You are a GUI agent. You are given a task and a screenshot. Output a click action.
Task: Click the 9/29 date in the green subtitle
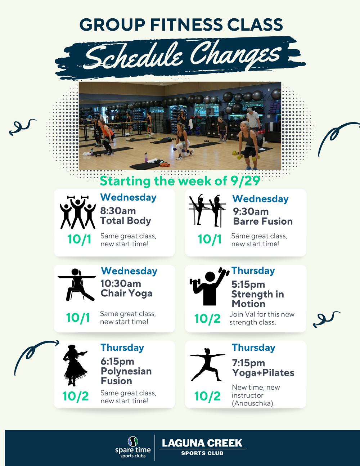[245, 181]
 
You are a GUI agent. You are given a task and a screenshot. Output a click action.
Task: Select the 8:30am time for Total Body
[118, 211]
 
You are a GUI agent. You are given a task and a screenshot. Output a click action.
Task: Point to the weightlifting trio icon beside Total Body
[78, 212]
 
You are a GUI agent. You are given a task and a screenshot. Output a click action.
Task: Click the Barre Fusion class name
[263, 221]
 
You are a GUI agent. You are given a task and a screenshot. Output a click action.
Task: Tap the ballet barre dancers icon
[207, 210]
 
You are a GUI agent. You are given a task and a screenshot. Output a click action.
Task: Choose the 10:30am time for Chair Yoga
[121, 283]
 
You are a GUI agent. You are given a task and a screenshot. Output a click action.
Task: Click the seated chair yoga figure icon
[76, 284]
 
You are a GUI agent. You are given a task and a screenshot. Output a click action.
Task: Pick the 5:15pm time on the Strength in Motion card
[248, 284]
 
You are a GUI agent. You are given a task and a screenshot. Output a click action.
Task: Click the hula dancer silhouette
[75, 366]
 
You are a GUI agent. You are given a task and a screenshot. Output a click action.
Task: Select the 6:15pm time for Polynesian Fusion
[117, 362]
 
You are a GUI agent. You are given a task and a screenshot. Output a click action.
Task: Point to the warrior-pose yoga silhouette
[207, 364]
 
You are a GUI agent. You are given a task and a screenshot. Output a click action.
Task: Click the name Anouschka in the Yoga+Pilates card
[253, 403]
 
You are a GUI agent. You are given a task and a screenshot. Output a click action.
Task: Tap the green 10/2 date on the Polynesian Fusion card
[76, 396]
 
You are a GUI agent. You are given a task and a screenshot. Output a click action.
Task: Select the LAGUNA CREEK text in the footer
[202, 443]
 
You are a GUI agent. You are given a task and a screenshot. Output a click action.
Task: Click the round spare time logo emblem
[133, 442]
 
